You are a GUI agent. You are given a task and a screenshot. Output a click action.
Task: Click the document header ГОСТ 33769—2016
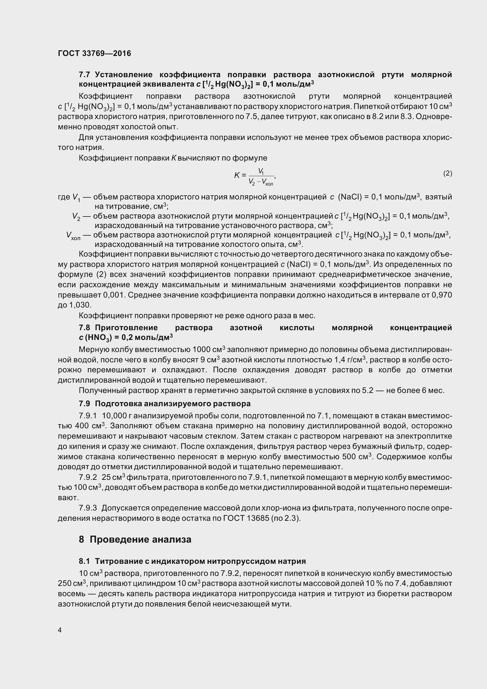[x=95, y=53]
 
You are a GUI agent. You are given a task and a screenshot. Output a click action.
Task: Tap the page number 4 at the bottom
[x=60, y=630]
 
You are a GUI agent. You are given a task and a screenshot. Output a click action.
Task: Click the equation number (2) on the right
[x=448, y=173]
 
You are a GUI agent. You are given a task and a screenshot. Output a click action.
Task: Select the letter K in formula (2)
[x=237, y=175]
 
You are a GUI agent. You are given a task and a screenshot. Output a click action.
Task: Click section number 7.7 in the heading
[x=85, y=75]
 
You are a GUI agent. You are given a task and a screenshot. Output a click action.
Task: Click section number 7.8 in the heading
[x=85, y=328]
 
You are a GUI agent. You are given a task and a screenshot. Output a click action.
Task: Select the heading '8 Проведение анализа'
[x=135, y=539]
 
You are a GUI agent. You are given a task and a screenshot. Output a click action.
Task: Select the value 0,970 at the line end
[x=442, y=295]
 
